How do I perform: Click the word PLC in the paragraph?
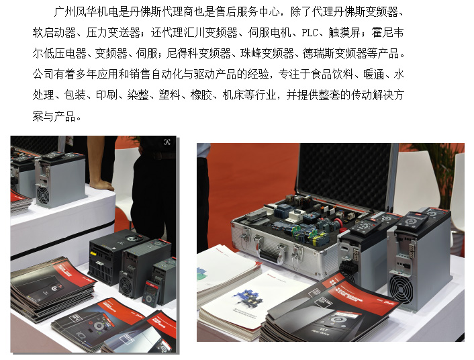[310, 33]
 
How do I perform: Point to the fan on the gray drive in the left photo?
[43, 195]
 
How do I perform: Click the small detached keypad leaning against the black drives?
[149, 293]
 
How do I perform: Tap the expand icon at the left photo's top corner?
[167, 142]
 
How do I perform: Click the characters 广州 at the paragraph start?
[64, 12]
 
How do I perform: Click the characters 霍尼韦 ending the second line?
[387, 33]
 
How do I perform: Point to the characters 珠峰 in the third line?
[251, 54]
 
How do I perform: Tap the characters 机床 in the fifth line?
[233, 95]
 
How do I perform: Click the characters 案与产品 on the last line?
[54, 116]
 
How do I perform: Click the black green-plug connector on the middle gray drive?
[348, 267]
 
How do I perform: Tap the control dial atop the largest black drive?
[132, 238]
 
